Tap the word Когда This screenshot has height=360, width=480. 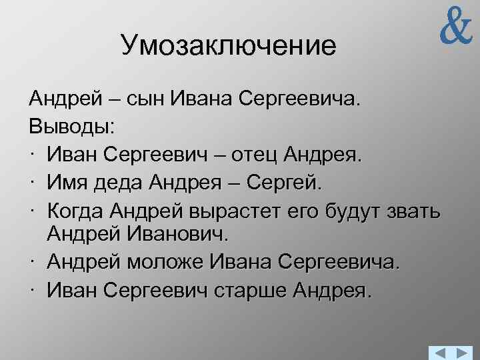(77, 211)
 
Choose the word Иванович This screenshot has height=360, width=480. (186, 234)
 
